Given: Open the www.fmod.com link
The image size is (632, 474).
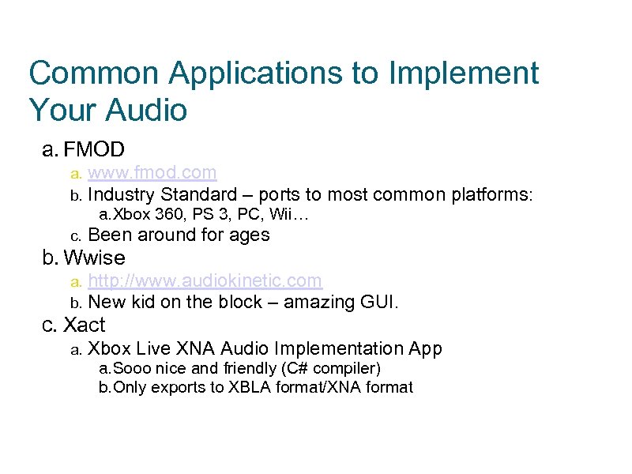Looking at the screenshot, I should pos(152,172).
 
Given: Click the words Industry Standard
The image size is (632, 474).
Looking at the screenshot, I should pos(162,194).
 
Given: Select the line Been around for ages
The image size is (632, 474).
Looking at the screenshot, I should pos(179,235).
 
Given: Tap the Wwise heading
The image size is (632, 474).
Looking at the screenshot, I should pos(94,258).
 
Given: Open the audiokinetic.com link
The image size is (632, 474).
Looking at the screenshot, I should pos(205,280).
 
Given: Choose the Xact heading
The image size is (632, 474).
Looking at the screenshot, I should pos(84,325).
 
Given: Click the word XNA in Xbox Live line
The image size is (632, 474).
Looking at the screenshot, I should pos(199,348).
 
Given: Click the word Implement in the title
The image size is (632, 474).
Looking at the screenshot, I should pos(464,73).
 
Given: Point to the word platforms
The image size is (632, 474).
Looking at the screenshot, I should pos(491,194).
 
